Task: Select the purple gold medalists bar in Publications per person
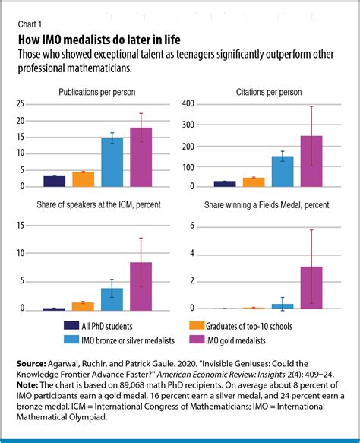click(x=141, y=157)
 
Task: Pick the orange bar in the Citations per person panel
click(x=254, y=182)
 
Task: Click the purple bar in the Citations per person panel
click(x=311, y=161)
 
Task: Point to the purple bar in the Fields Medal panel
click(x=311, y=288)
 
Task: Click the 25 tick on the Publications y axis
click(x=30, y=104)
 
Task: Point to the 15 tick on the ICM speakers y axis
click(x=30, y=226)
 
